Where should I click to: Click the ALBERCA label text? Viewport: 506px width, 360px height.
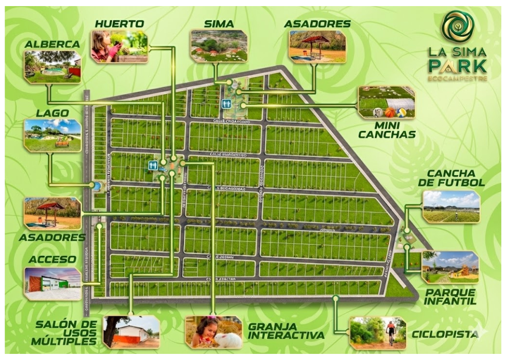[x=52, y=44]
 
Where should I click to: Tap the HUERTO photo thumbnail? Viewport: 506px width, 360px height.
[x=119, y=46]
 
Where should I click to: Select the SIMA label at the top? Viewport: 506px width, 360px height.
[x=219, y=24]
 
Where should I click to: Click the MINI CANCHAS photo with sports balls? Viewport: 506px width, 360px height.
[x=387, y=102]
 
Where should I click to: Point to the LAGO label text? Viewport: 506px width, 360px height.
[x=52, y=113]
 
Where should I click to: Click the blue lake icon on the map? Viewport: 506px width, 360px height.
[x=97, y=186]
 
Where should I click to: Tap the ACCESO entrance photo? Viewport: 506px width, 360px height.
[x=53, y=283]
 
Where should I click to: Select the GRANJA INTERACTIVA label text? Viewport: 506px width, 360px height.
[x=286, y=331]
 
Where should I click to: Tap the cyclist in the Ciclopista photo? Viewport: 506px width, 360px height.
[x=390, y=331]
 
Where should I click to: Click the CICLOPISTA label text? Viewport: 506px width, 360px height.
[x=445, y=334]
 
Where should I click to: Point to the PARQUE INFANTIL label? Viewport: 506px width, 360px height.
[x=450, y=296]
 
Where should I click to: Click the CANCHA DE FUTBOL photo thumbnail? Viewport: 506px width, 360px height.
[x=451, y=206]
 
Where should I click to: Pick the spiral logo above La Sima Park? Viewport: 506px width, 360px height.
[x=457, y=27]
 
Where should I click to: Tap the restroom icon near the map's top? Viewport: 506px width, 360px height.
[x=226, y=104]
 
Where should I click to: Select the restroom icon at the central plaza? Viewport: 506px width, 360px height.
[x=153, y=165]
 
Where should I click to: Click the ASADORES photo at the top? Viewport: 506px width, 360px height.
[x=317, y=46]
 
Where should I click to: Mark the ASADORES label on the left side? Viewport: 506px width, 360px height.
[x=52, y=237]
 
